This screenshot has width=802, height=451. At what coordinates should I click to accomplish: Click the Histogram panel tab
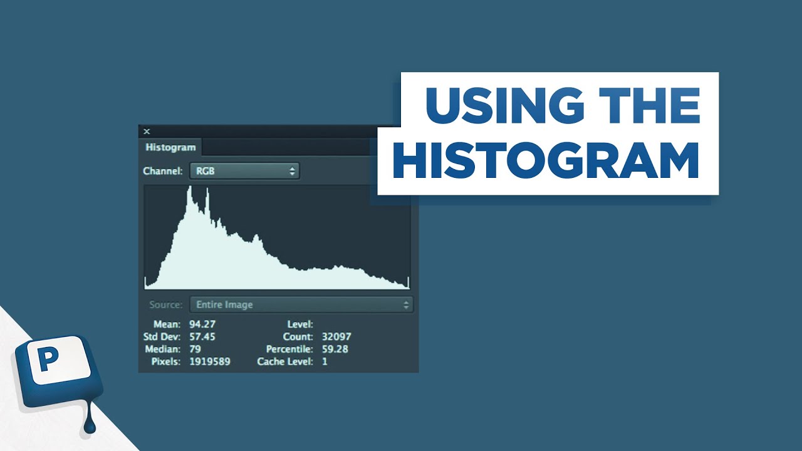click(170, 148)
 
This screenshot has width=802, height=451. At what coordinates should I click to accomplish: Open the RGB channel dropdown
click(244, 170)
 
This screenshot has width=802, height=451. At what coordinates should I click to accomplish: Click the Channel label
click(163, 170)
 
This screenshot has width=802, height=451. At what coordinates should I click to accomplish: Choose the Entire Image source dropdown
click(301, 304)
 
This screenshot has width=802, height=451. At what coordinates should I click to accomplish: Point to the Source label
click(166, 304)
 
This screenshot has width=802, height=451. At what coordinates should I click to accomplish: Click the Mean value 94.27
click(202, 324)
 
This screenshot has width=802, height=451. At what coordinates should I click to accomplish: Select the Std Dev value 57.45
click(202, 336)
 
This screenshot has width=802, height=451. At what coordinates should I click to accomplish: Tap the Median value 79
click(195, 349)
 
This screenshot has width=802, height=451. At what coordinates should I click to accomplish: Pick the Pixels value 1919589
click(210, 361)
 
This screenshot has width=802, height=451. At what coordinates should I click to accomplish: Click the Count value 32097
click(336, 336)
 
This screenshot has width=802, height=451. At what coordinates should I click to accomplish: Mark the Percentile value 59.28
click(335, 349)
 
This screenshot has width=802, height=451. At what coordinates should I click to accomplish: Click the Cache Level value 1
click(325, 361)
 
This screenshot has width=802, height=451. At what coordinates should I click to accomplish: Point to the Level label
click(299, 324)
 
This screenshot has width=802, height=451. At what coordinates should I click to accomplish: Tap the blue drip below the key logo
click(90, 426)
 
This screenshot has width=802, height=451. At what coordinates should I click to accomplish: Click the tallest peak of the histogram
click(189, 188)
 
